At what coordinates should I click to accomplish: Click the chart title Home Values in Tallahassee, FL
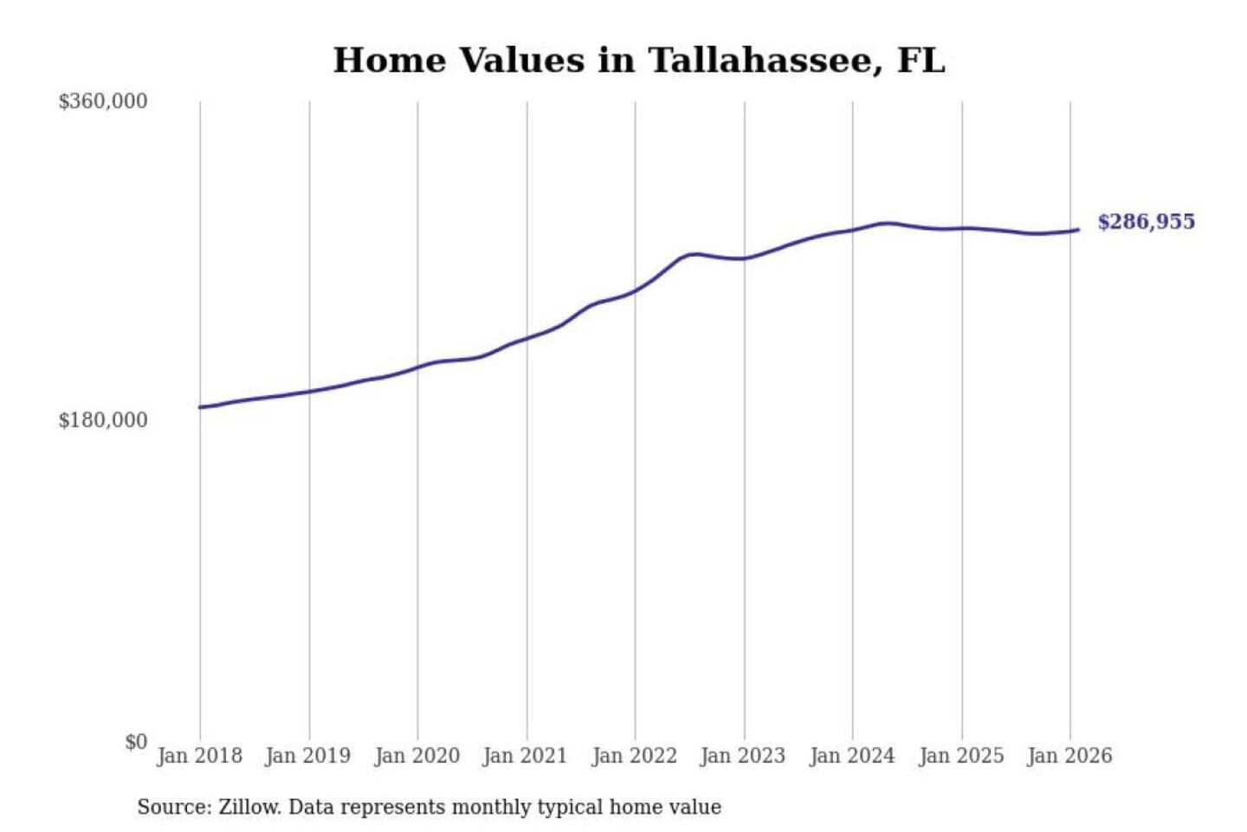(x=639, y=61)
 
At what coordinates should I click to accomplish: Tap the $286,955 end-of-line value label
(x=1146, y=222)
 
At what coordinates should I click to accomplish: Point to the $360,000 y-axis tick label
(x=102, y=101)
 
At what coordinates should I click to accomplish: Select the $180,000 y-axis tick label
(x=102, y=420)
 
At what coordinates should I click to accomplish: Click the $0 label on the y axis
(x=136, y=742)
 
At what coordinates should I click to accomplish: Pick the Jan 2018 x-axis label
(x=199, y=756)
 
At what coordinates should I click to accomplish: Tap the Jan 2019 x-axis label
(x=308, y=756)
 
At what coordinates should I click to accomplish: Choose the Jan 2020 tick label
(x=417, y=756)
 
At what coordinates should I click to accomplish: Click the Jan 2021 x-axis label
(x=525, y=756)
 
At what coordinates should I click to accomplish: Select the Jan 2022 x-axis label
(x=634, y=756)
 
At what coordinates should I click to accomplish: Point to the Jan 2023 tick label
(x=742, y=756)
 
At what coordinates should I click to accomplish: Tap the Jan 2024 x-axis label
(x=851, y=756)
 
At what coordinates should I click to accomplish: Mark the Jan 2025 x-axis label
(x=960, y=756)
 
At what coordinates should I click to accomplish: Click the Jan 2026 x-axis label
(x=1069, y=756)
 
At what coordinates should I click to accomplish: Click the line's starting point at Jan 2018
(x=200, y=406)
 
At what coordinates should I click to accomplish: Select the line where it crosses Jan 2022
(x=635, y=290)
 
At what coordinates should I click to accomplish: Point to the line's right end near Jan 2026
(x=1077, y=230)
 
